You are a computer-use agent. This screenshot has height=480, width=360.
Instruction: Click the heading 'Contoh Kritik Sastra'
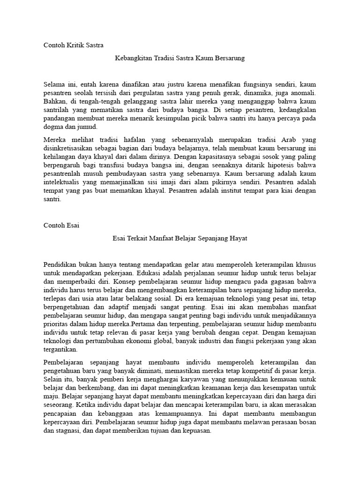(x=73, y=45)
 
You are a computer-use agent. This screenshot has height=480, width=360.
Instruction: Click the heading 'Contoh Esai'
(x=61, y=225)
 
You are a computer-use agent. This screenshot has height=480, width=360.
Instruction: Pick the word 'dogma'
(x=53, y=127)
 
